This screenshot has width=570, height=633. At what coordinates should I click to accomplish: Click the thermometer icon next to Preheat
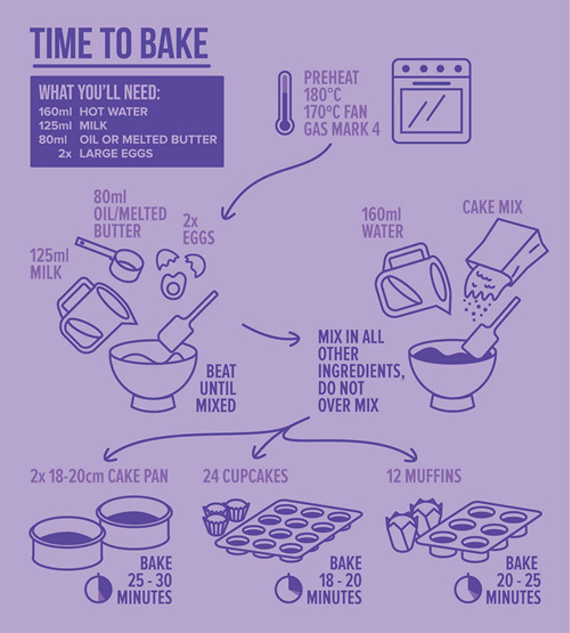[x=285, y=103]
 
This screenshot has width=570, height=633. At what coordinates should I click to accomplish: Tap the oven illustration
[x=431, y=101]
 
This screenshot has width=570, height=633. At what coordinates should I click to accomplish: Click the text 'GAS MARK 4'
[x=342, y=129]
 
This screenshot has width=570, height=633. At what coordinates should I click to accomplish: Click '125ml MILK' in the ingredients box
[x=73, y=126]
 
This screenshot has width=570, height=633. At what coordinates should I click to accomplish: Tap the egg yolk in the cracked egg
[x=173, y=288]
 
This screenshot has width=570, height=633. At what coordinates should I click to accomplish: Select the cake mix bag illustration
[x=508, y=251]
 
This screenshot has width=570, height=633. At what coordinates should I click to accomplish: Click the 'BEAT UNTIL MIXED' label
[x=217, y=388]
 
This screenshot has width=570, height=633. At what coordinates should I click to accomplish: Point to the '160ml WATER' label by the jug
[x=382, y=223]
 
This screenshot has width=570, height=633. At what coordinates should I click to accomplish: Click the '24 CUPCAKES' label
[x=246, y=476]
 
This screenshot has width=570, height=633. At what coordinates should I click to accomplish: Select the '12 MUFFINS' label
[x=424, y=476]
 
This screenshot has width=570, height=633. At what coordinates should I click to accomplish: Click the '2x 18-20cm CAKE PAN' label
[x=99, y=476]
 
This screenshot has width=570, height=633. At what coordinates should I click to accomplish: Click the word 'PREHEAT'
[x=331, y=77]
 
